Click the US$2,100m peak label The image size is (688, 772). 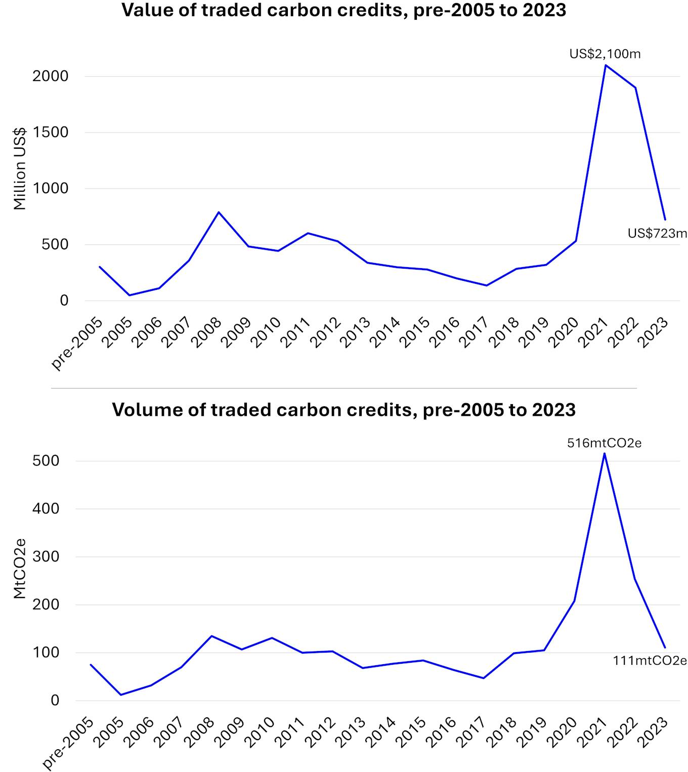coord(605,54)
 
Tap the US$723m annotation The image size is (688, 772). coord(657,233)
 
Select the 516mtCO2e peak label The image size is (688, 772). coord(604,443)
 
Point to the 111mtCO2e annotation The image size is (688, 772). coord(650,660)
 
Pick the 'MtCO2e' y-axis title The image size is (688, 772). coord(19,569)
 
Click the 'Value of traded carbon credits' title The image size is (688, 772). coord(343,10)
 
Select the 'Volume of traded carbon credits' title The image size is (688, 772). coord(343,409)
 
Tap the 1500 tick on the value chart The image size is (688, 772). coord(50,132)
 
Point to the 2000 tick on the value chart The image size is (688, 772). coord(50,76)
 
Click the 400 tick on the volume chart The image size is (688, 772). coord(46,508)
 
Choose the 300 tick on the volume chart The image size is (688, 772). coord(46,556)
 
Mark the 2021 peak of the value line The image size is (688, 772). coord(606,65)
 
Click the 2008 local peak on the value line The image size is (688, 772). coord(219,212)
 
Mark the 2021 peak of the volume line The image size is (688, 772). coord(605,453)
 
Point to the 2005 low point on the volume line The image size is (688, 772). coord(120,695)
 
